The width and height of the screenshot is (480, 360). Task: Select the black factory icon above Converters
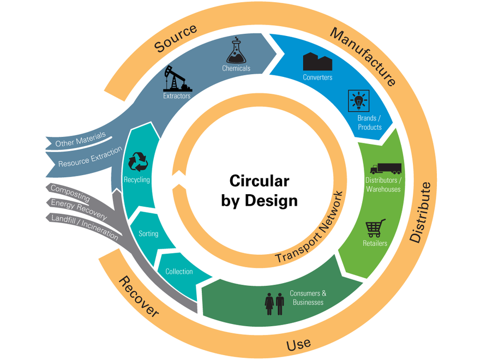(317, 62)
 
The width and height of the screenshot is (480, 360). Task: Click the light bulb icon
(358, 101)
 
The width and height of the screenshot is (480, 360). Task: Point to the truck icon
(386, 169)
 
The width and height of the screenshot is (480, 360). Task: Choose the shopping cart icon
(375, 227)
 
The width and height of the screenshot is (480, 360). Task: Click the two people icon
(274, 304)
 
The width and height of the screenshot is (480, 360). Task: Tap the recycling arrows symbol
(137, 162)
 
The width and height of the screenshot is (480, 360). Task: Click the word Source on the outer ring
(175, 39)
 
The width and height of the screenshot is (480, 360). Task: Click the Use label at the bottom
(298, 344)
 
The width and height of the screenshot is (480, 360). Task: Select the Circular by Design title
(259, 190)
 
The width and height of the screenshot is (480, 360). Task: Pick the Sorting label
(148, 234)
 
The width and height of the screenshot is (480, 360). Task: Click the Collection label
(179, 272)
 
